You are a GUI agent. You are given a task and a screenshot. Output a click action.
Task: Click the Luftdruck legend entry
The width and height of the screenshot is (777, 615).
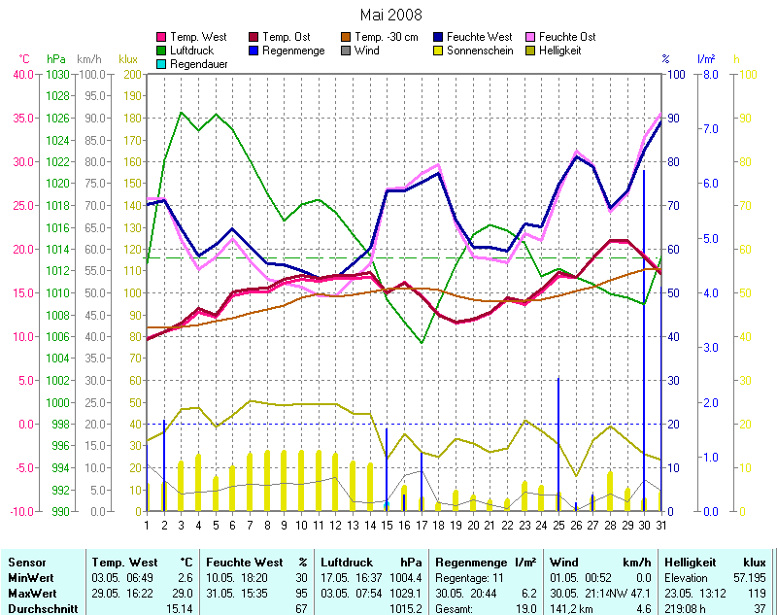click(193, 51)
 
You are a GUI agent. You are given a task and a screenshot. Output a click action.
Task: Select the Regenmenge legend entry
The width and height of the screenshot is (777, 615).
click(292, 51)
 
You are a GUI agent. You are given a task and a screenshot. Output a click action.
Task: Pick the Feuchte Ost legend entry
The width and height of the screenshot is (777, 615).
click(588, 37)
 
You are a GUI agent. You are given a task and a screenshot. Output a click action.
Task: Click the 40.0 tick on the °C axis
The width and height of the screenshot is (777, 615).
click(24, 74)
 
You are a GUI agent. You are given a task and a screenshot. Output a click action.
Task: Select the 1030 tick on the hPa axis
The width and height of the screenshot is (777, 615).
click(57, 74)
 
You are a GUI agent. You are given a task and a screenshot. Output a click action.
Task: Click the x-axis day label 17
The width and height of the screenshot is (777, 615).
click(422, 525)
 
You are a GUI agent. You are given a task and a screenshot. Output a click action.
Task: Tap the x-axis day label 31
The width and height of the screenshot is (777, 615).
click(661, 525)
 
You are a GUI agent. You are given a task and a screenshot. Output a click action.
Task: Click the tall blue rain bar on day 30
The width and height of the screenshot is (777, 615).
click(644, 340)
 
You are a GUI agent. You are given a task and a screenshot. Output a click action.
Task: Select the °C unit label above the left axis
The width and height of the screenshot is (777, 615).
click(24, 59)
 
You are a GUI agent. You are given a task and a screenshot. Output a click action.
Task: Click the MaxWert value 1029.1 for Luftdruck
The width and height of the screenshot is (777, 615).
click(407, 592)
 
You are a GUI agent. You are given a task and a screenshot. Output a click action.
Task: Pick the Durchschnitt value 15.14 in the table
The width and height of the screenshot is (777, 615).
click(179, 607)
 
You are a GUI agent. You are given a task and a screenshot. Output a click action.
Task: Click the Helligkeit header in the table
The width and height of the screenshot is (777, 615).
click(690, 563)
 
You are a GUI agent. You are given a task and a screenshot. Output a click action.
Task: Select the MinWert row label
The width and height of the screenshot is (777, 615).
click(30, 578)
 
